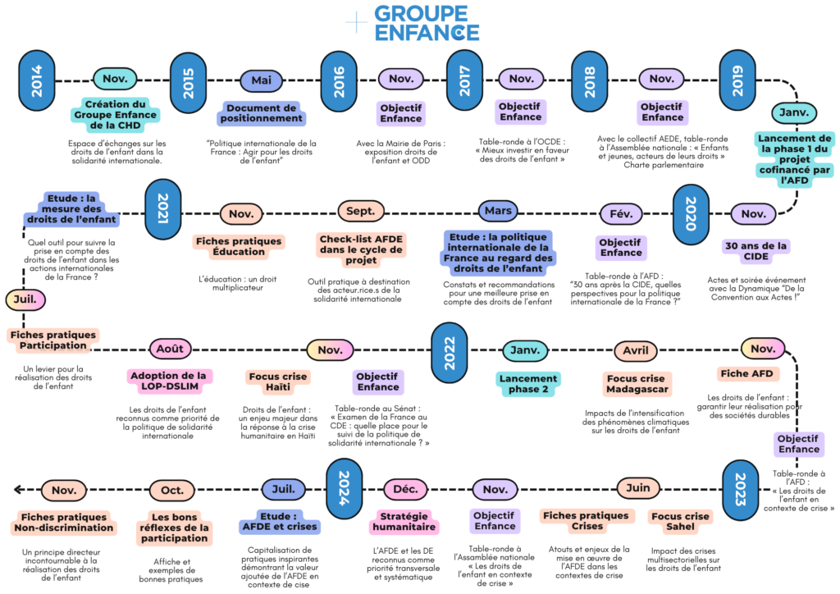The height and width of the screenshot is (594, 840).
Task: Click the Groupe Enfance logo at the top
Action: (x=421, y=23)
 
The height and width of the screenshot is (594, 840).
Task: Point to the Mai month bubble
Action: (x=261, y=80)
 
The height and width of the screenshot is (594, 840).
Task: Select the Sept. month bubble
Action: (x=360, y=212)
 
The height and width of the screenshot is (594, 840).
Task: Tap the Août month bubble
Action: (x=170, y=350)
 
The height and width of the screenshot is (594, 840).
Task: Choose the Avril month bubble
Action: (x=636, y=350)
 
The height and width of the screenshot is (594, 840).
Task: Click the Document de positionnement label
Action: (x=261, y=113)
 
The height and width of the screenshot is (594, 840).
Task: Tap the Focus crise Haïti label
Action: (x=277, y=382)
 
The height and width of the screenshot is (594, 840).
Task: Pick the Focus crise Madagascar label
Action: (x=636, y=383)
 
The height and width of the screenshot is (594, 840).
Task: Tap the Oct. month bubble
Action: (x=172, y=490)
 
